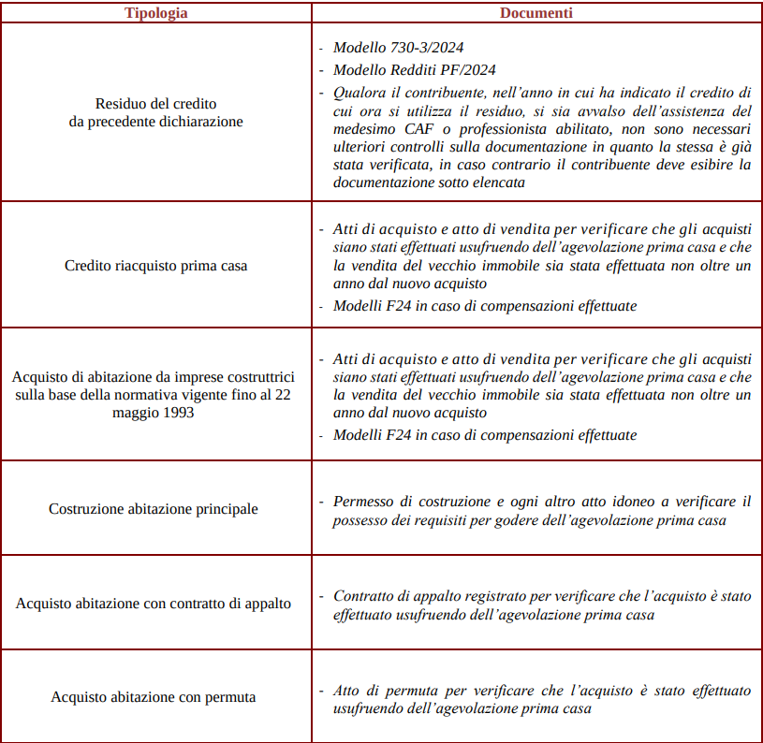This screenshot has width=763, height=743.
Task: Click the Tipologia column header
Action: tap(155, 13)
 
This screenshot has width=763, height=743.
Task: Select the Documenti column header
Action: tap(536, 13)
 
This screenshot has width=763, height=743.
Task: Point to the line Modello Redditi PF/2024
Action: tap(415, 69)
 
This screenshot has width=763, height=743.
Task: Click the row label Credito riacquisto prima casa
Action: tap(155, 266)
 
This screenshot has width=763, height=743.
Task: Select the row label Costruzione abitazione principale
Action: tap(154, 509)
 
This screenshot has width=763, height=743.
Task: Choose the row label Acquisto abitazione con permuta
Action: tap(154, 697)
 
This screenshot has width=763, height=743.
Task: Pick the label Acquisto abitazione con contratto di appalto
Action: tap(154, 604)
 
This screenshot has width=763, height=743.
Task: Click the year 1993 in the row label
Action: tap(178, 412)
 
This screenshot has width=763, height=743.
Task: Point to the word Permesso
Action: tap(364, 502)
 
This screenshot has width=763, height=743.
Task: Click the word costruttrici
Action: tap(258, 376)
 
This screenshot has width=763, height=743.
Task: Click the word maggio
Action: tap(137, 412)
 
